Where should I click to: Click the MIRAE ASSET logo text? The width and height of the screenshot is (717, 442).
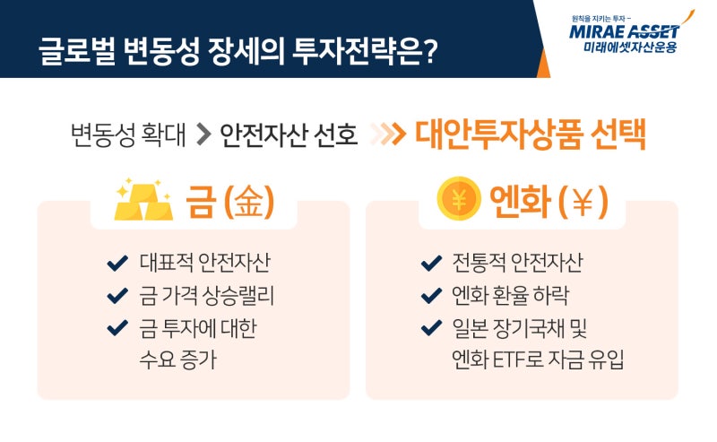[x=624, y=31]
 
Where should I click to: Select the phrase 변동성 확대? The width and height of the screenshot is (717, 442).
[x=128, y=135]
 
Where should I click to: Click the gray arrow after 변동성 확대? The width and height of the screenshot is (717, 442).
[x=203, y=134]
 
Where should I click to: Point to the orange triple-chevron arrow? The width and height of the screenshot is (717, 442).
[x=388, y=134]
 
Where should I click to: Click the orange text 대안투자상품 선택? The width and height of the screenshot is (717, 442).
[x=530, y=134]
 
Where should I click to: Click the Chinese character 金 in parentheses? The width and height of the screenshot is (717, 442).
[x=249, y=202]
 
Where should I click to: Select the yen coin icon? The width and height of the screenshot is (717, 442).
[x=459, y=198]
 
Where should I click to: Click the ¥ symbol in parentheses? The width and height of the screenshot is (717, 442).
[x=583, y=202]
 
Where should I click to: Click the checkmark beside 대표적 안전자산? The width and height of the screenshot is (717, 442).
[x=117, y=263]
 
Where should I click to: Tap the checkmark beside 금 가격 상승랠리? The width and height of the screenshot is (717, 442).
[x=117, y=296]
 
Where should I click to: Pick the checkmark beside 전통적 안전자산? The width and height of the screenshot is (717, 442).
[x=431, y=263]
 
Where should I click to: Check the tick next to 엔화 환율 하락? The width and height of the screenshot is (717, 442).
[x=431, y=296]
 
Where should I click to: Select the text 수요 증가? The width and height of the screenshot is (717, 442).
[x=177, y=360]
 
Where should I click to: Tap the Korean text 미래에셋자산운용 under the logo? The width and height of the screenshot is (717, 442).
[x=630, y=48]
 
